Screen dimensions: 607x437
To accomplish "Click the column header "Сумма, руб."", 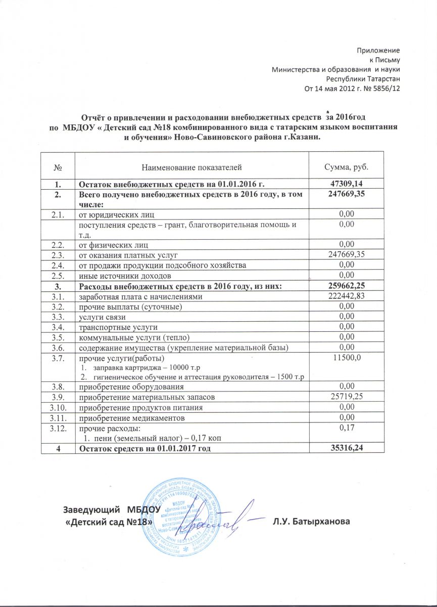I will click(346, 166).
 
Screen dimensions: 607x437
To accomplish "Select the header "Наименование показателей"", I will click(191, 166).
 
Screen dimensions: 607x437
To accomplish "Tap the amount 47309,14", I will click(346, 186).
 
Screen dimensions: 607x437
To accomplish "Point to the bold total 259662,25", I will click(346, 287).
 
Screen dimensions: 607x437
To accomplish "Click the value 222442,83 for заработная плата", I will click(346, 296).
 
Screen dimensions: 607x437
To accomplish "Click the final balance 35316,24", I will click(346, 448).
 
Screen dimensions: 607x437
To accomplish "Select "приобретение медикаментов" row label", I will click(127, 418).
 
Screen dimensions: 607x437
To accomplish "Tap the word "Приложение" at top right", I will click(378, 51).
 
